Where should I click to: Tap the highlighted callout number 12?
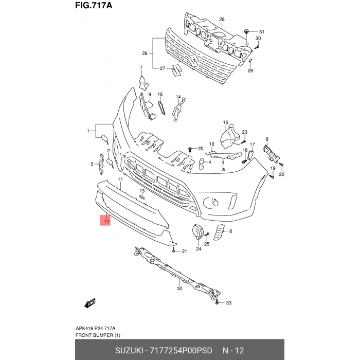tap(105, 222)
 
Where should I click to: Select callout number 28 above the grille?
tap(222, 20)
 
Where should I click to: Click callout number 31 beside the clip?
tap(261, 31)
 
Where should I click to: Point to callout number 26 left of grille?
tap(145, 53)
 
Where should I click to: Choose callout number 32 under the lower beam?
tap(179, 289)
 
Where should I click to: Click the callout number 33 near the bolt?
tap(229, 302)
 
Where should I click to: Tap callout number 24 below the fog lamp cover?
tap(198, 249)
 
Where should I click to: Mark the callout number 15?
tap(225, 122)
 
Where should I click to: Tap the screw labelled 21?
tap(175, 250)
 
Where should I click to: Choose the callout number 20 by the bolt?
tap(201, 149)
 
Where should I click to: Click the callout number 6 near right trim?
tap(231, 231)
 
